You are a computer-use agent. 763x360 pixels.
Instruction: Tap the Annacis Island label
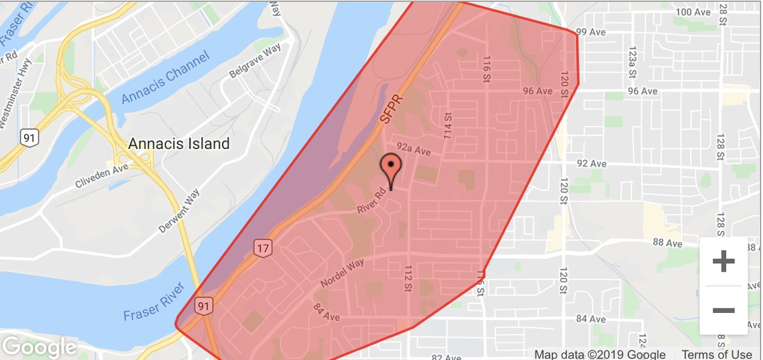(179, 144)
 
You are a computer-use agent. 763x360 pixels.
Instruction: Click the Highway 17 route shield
(263, 247)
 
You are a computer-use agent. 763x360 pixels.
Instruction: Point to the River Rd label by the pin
(372, 202)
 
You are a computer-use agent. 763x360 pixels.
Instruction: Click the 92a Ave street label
(413, 149)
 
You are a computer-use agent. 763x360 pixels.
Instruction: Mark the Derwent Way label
(179, 211)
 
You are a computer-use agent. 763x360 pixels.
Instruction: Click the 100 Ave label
(692, 12)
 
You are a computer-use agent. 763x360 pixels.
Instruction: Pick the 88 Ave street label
(667, 244)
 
